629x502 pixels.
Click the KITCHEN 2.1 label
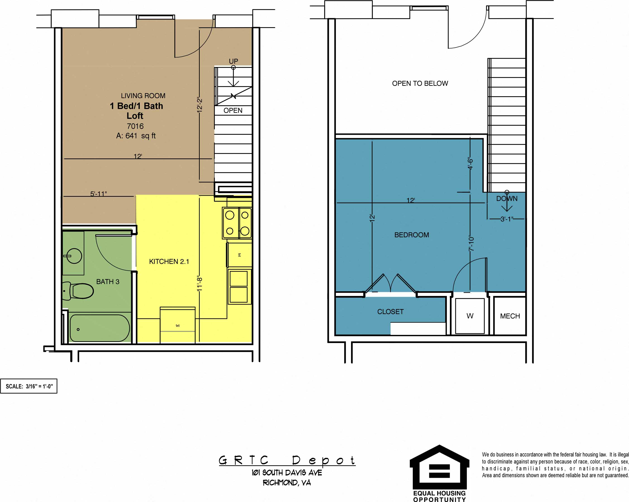pyautogui.click(x=169, y=261)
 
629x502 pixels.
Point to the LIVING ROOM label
pyautogui.click(x=143, y=96)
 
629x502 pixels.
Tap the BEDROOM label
pyautogui.click(x=412, y=235)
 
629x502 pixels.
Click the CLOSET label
pyautogui.click(x=390, y=312)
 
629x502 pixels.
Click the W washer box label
pyautogui.click(x=470, y=316)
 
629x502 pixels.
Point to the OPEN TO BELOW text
pyautogui.click(x=420, y=84)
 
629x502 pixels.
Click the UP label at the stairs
pyautogui.click(x=233, y=61)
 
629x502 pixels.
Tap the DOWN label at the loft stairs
pyautogui.click(x=507, y=199)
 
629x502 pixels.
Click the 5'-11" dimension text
pyautogui.click(x=99, y=194)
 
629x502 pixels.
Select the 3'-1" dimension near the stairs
pyautogui.click(x=507, y=219)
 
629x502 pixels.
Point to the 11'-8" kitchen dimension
pyautogui.click(x=199, y=283)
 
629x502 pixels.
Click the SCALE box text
pyautogui.click(x=29, y=386)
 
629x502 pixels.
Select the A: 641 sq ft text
pyautogui.click(x=136, y=136)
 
